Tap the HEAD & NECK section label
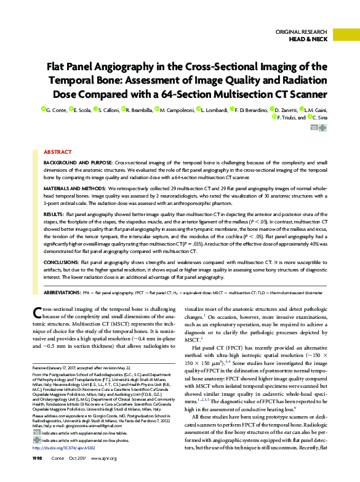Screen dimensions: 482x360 pyautogui.click(x=309, y=39)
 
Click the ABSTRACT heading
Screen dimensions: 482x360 pyautogui.click(x=57, y=151)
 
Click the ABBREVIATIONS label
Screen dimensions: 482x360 pyautogui.click(x=65, y=292)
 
